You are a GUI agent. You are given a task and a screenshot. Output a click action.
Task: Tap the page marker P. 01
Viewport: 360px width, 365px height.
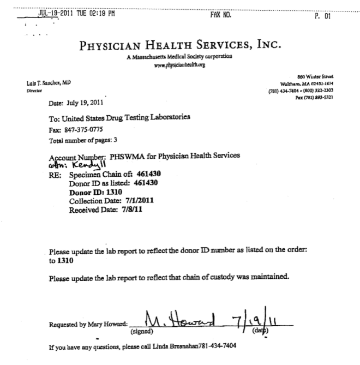coord(323,16)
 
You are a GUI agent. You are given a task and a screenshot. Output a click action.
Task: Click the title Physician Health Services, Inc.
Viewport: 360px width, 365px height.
coord(180,46)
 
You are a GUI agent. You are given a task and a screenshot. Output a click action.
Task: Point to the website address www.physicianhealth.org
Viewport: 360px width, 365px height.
coord(180,64)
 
